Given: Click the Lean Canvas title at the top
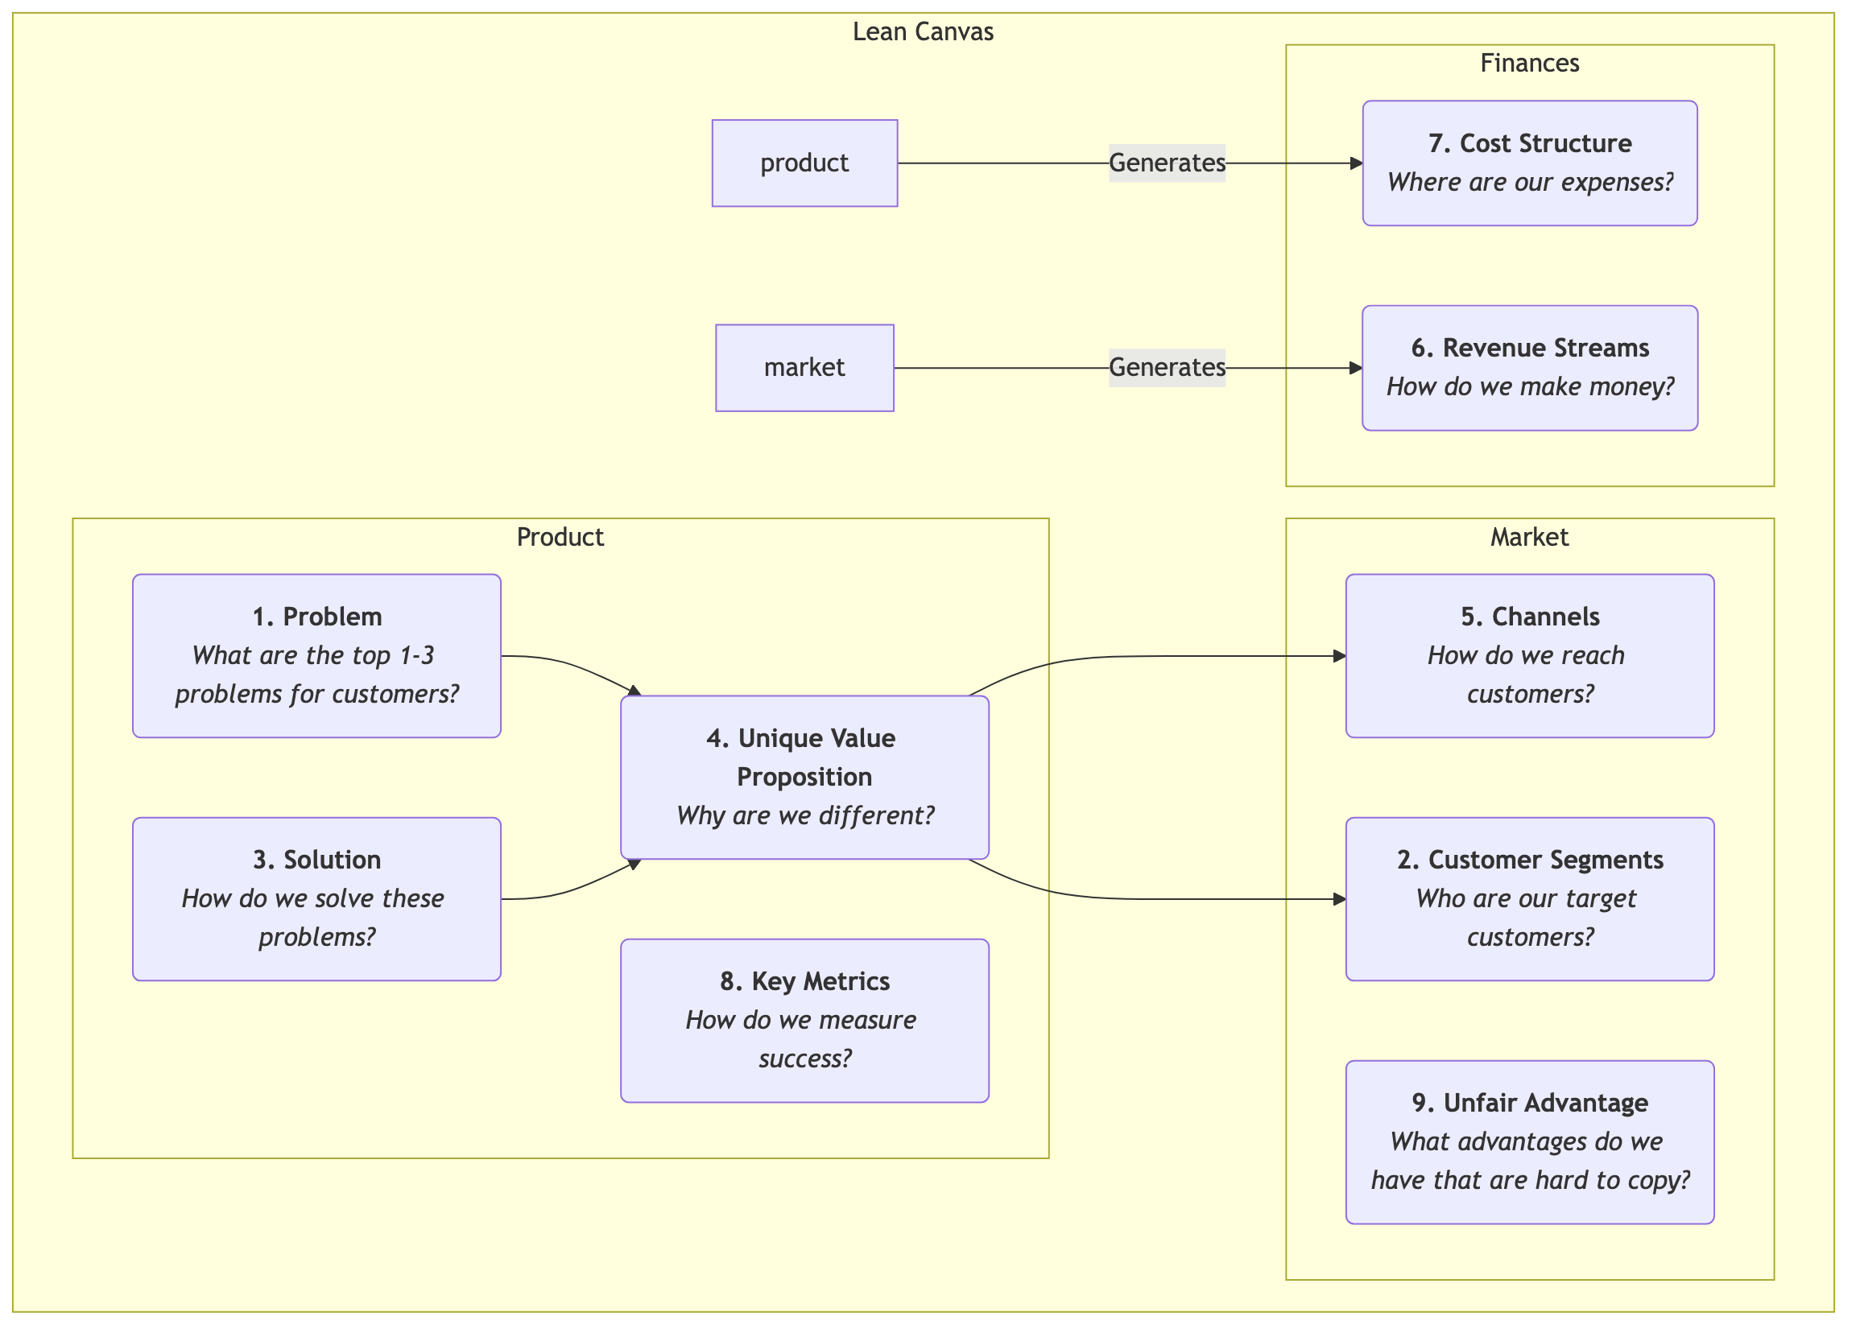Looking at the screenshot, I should [x=923, y=32].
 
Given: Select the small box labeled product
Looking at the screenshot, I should [x=804, y=163].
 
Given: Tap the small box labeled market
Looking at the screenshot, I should [x=804, y=368].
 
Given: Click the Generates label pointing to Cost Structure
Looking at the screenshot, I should [x=1166, y=163].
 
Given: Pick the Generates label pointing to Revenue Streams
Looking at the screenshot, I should [x=1166, y=368].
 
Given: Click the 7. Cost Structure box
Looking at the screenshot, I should [x=1529, y=163].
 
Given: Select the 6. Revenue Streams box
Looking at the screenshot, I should [x=1529, y=368].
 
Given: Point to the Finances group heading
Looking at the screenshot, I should [x=1529, y=64].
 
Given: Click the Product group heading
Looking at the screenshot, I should [x=560, y=538].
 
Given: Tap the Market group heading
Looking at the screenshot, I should [x=1529, y=538].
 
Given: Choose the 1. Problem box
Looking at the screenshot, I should [x=316, y=656].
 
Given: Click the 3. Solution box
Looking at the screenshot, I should [x=316, y=899].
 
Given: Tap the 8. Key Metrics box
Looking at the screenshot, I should [x=804, y=1021].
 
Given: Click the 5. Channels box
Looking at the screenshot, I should [x=1529, y=656].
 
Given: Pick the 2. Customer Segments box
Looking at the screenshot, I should [x=1529, y=899].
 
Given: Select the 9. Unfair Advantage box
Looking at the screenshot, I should [x=1529, y=1142].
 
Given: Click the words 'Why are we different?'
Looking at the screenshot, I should [x=804, y=815].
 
